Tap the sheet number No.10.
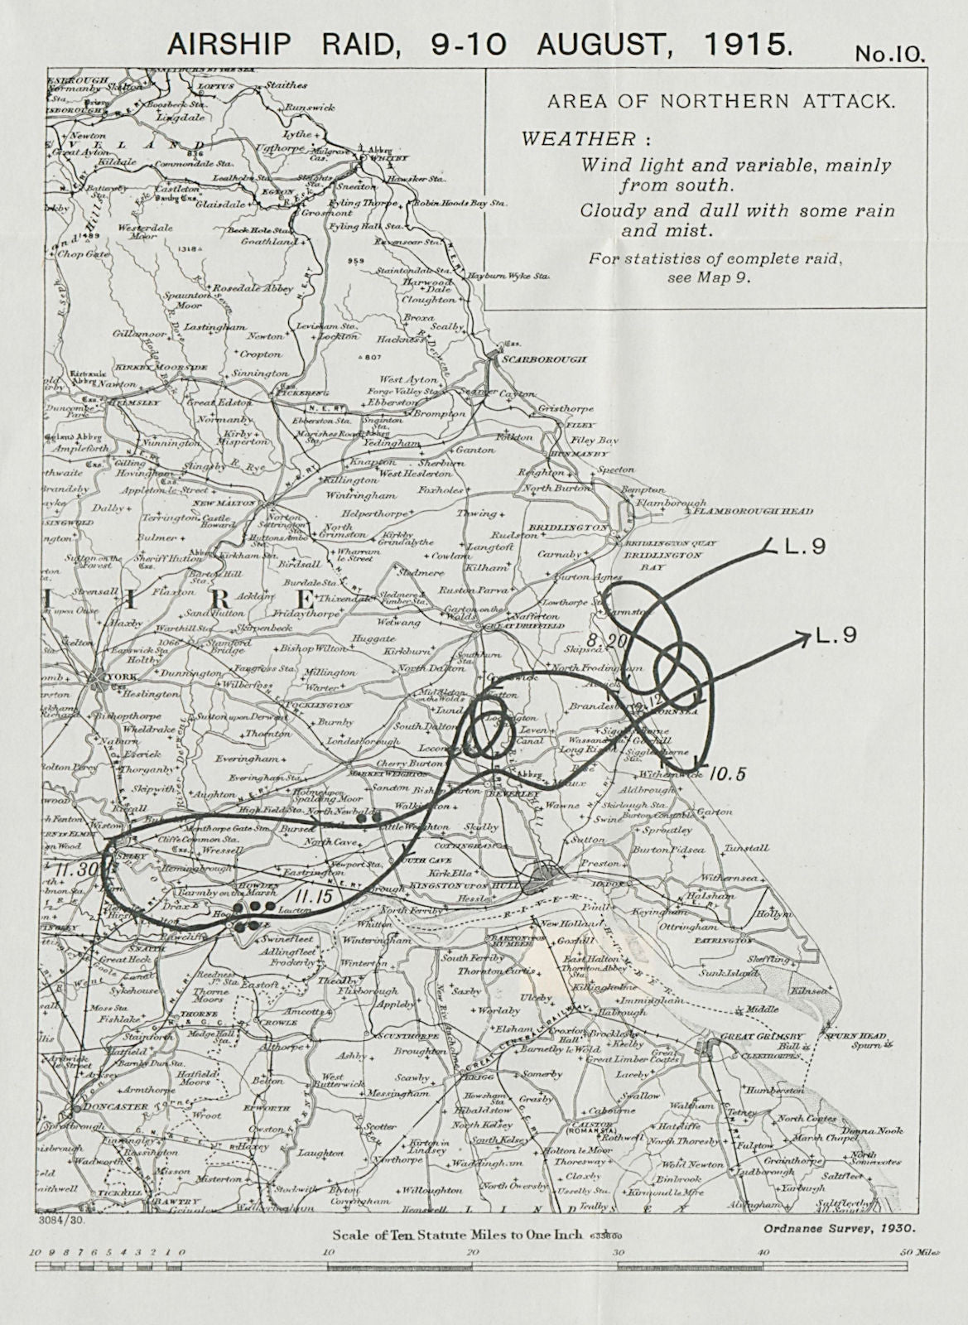pyautogui.click(x=889, y=54)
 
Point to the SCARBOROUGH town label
pyautogui.click(x=543, y=360)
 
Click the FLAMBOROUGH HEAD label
pyautogui.click(x=741, y=512)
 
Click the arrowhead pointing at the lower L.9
pyautogui.click(x=802, y=635)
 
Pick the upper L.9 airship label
pyautogui.click(x=804, y=547)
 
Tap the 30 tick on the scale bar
pyautogui.click(x=616, y=1252)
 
